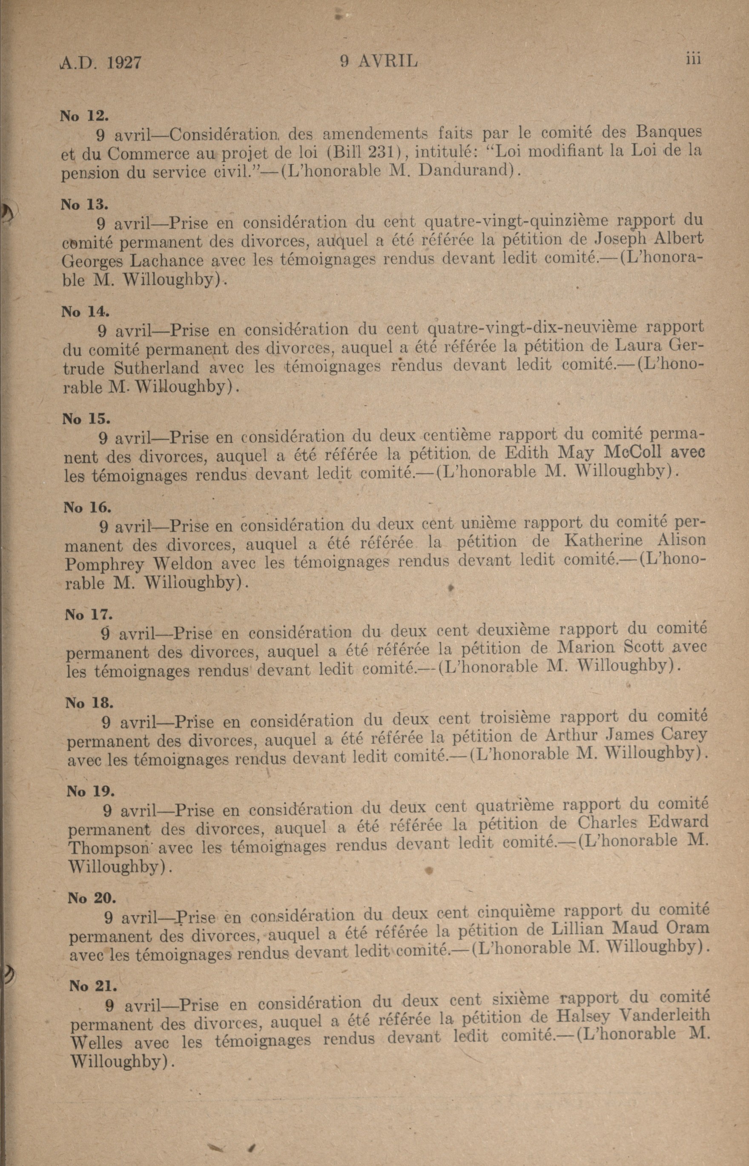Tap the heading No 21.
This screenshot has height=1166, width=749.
[x=93, y=972]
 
